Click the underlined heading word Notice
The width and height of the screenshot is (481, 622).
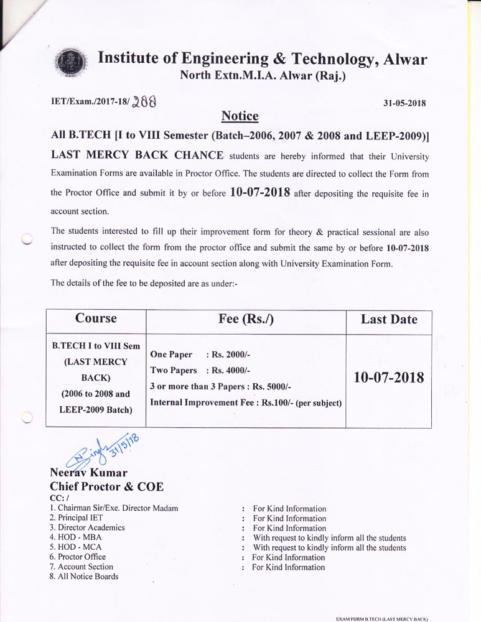click(x=240, y=116)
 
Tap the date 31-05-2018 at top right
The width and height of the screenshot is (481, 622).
click(x=404, y=103)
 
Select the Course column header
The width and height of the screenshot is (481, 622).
click(x=96, y=318)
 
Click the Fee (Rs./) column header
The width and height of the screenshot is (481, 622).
click(x=246, y=319)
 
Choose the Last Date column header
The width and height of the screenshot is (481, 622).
click(x=389, y=320)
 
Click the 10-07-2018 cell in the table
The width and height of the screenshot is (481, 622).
click(x=389, y=378)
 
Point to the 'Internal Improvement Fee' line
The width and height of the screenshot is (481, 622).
click(x=246, y=402)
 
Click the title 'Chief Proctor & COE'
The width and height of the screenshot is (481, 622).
click(x=106, y=487)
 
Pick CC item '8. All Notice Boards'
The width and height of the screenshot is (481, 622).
click(x=83, y=577)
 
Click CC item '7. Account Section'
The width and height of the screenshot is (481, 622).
click(x=81, y=567)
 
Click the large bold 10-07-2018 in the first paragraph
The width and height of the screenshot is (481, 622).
click(x=260, y=192)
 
